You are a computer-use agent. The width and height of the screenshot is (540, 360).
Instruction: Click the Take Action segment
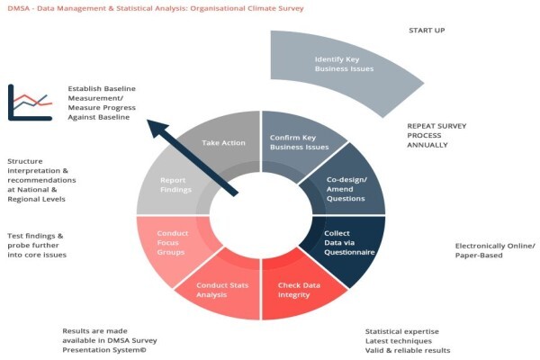pyautogui.click(x=224, y=142)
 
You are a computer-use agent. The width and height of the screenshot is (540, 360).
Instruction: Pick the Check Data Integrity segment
pyautogui.click(x=298, y=290)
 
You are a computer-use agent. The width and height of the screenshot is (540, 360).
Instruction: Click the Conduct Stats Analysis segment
pyautogui.click(x=222, y=290)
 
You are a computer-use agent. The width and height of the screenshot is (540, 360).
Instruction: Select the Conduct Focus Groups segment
pyautogui.click(x=172, y=243)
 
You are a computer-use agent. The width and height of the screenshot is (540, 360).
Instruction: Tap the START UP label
pyautogui.click(x=427, y=31)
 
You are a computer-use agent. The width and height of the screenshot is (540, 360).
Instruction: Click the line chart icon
pyautogui.click(x=30, y=103)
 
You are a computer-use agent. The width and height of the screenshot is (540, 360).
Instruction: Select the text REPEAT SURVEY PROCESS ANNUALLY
pyautogui.click(x=436, y=135)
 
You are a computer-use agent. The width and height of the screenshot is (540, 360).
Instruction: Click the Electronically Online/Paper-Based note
pyautogui.click(x=495, y=250)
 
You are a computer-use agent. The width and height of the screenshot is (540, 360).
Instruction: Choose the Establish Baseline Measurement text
pyautogui.click(x=102, y=103)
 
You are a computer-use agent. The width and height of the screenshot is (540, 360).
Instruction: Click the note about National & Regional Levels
pyautogui.click(x=41, y=180)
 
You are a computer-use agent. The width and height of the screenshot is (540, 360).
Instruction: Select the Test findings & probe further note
pyautogui.click(x=37, y=246)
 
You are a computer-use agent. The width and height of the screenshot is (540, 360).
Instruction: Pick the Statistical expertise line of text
pyautogui.click(x=402, y=331)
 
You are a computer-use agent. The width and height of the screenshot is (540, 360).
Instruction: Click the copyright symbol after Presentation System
pyautogui.click(x=143, y=350)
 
